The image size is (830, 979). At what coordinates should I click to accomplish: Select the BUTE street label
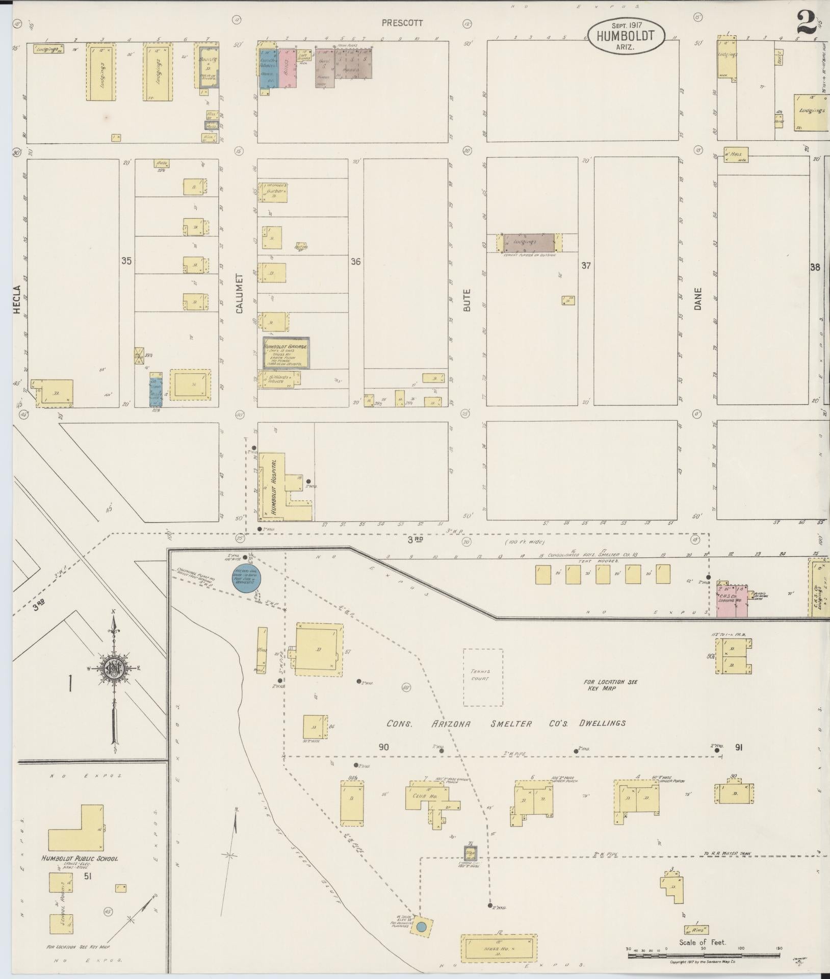467,300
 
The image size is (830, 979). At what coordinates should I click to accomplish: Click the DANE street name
697,299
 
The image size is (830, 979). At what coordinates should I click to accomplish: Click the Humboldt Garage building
286,353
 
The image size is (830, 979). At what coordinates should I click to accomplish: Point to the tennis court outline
483,678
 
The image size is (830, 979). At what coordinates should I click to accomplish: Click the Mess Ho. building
498,947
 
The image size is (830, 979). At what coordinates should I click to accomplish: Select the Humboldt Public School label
80,858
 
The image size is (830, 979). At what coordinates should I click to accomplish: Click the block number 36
355,262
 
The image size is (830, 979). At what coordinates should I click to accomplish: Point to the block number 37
586,266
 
